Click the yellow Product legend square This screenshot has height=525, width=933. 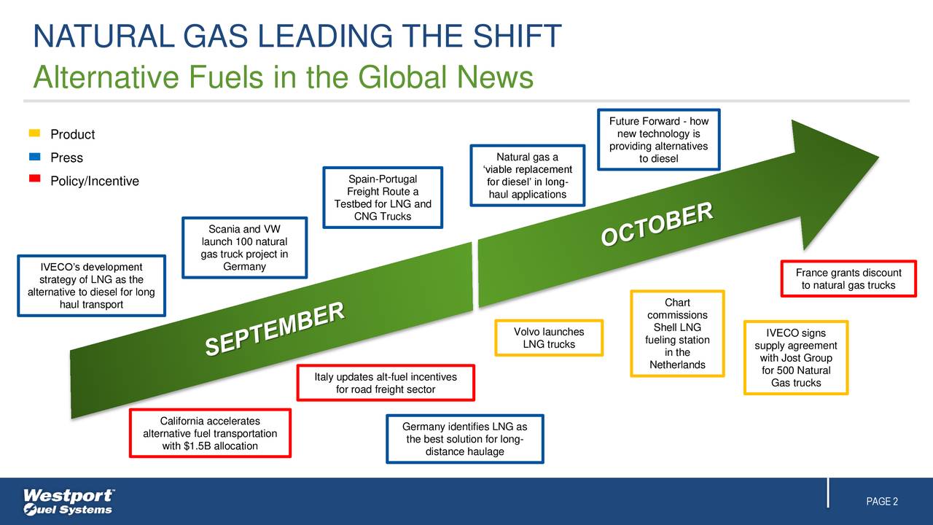click(34, 133)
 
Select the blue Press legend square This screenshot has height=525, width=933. click(34, 157)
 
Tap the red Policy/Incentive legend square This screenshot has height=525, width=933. click(34, 180)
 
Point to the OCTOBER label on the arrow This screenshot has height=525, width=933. click(657, 225)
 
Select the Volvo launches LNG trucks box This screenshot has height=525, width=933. click(549, 338)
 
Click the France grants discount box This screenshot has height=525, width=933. click(848, 279)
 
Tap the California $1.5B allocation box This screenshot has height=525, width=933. click(210, 433)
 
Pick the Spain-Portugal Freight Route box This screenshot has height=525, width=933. click(383, 198)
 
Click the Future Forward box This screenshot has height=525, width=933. click(658, 140)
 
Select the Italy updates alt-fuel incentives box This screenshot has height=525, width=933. click(386, 383)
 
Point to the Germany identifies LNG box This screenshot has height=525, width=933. click(464, 439)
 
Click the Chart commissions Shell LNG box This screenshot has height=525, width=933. click(677, 333)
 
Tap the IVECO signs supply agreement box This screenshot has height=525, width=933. click(795, 358)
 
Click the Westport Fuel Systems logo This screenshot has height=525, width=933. click(69, 502)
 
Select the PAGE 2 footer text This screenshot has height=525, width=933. click(882, 502)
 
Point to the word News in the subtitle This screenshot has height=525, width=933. click(496, 77)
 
